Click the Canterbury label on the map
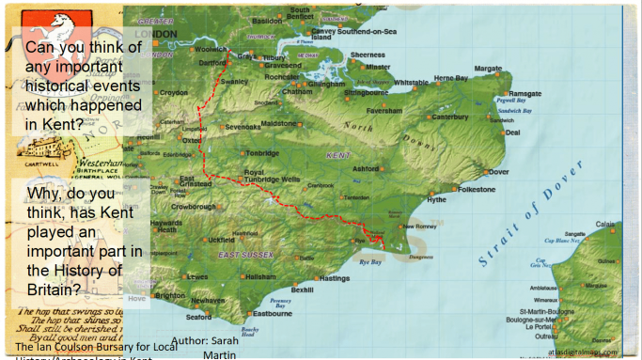450,117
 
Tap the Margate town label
488,69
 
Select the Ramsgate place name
525,94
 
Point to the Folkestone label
477,189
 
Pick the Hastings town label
334,278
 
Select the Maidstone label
277,123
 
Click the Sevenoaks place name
243,127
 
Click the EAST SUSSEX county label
245,256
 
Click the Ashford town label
366,169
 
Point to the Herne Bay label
450,78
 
